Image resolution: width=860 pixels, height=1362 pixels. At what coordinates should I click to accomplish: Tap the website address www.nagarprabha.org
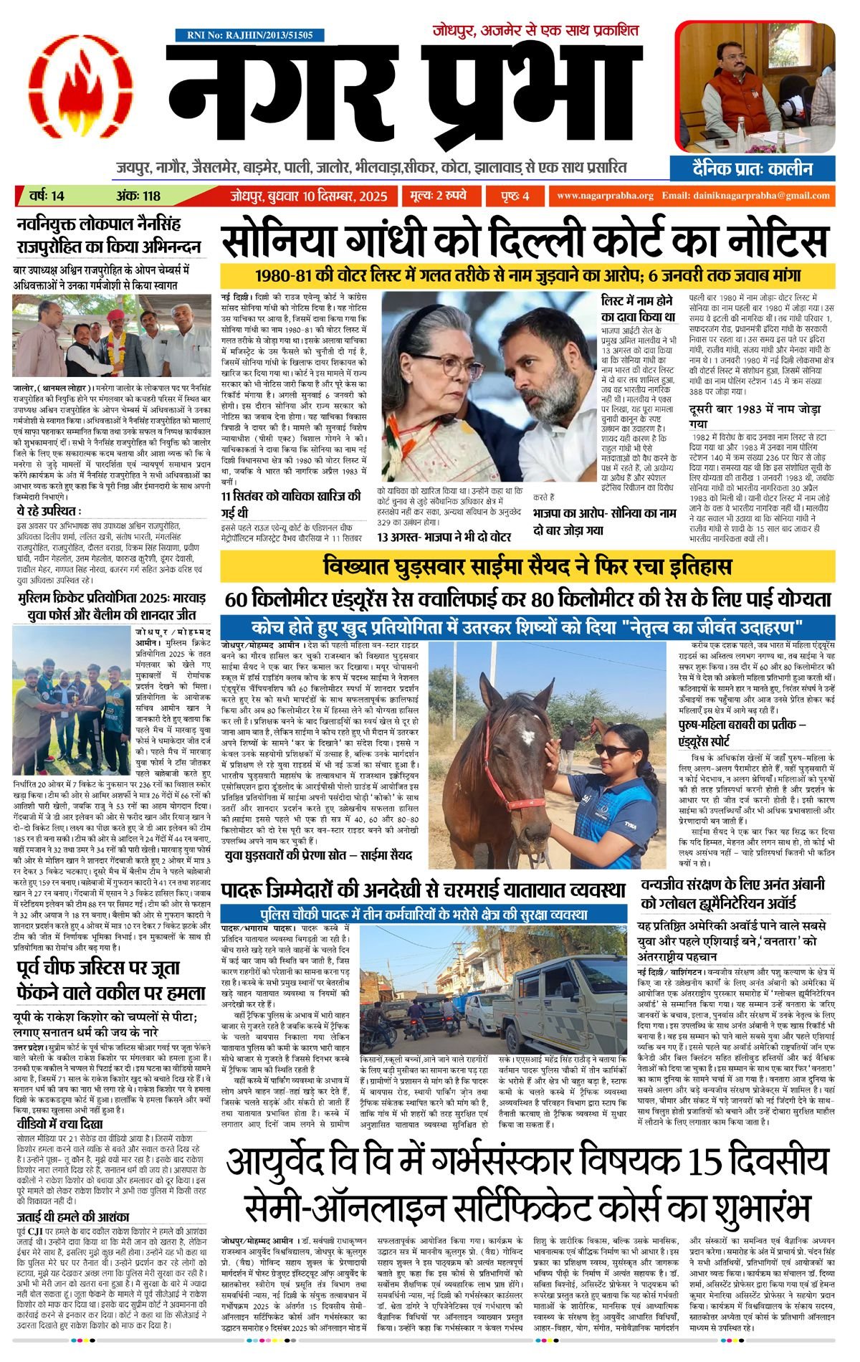605,196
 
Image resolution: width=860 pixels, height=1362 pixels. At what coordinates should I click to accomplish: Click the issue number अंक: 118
138,196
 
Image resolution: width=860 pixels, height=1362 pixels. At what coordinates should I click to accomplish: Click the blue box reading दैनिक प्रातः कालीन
752,169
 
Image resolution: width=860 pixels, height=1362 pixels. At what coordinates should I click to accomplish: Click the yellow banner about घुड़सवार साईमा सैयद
527,567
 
